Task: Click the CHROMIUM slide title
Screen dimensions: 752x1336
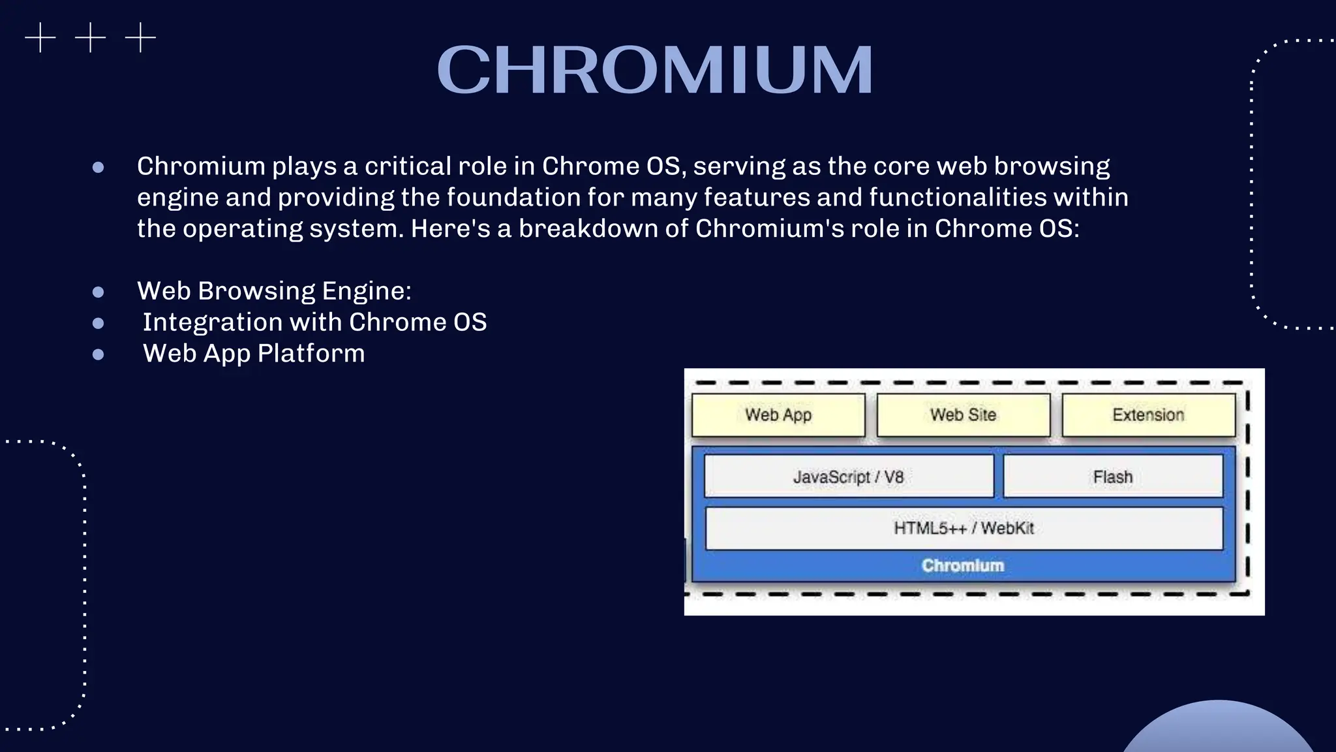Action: coord(654,70)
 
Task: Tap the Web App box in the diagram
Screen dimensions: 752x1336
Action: coord(778,415)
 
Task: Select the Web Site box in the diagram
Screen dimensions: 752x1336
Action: coord(963,415)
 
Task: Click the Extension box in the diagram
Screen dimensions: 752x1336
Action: coord(1148,415)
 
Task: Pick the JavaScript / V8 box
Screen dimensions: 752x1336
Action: coord(848,477)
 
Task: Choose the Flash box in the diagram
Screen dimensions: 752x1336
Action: coord(1112,477)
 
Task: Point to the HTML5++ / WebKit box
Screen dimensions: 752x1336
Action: coord(964,528)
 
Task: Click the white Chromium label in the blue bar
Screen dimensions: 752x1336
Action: coord(962,565)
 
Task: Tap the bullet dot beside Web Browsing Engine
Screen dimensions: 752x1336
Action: coord(99,292)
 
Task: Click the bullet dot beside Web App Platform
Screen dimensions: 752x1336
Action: coord(99,354)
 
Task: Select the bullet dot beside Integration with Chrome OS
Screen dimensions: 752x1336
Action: coord(99,323)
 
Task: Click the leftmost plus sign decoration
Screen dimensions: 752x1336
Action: coord(40,37)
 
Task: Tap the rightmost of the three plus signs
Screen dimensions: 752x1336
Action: coord(140,37)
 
